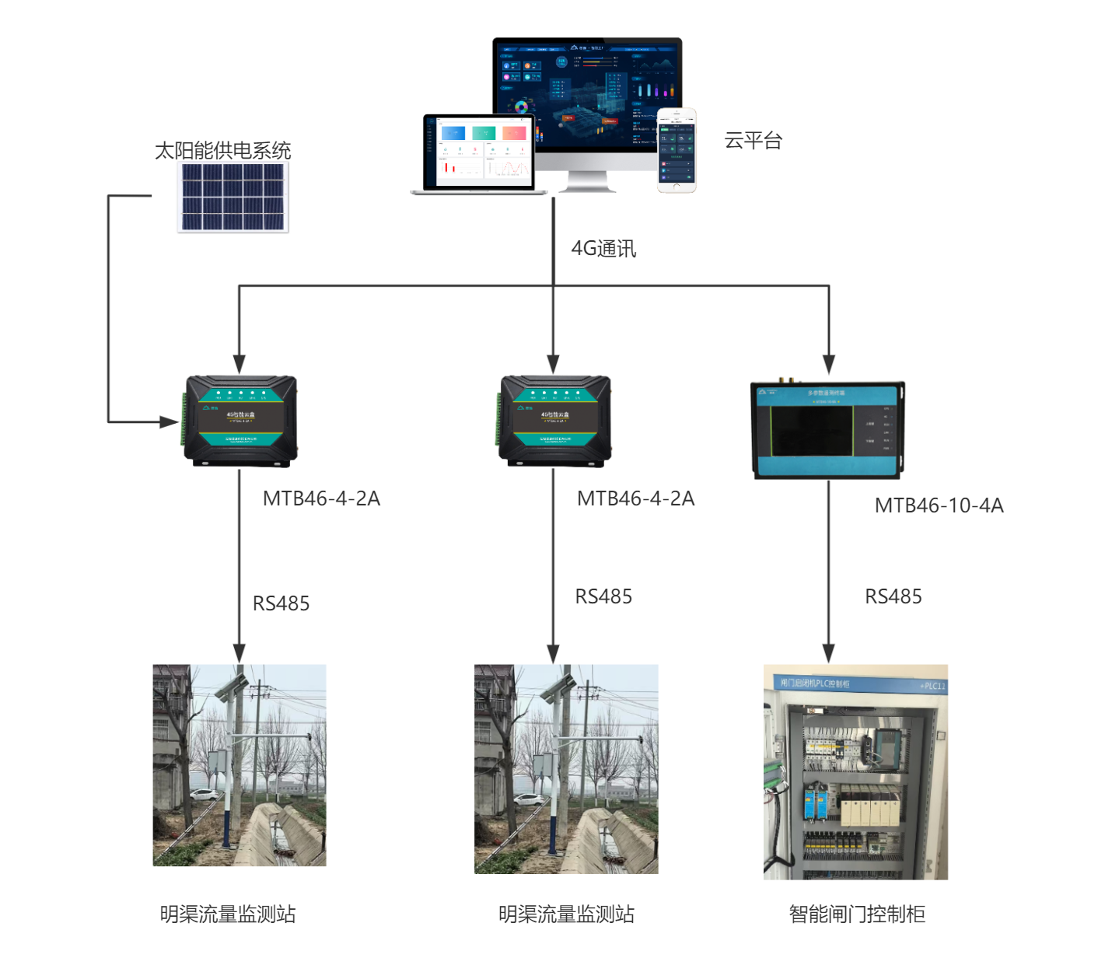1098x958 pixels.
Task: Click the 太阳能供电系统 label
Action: tap(222, 150)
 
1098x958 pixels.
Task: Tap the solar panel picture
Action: tap(233, 198)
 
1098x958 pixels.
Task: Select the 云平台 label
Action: tap(753, 141)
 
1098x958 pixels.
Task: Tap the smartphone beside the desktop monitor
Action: tap(677, 150)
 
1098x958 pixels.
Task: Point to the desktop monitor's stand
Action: tap(587, 182)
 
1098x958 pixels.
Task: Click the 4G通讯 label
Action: tap(603, 249)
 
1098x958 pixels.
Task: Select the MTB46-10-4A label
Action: tap(939, 505)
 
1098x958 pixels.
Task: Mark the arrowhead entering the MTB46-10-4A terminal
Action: tap(829, 365)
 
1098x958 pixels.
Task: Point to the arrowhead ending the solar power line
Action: tap(170, 422)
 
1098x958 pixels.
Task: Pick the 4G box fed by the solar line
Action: tap(241, 421)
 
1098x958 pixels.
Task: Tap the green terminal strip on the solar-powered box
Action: tap(184, 421)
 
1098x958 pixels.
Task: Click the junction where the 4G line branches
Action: tap(553, 285)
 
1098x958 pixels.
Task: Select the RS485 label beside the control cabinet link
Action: tap(893, 596)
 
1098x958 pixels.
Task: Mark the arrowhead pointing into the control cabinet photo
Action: tap(829, 653)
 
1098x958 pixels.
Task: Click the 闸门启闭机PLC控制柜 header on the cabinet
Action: tap(815, 684)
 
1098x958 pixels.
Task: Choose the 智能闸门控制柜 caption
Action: tap(857, 914)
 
